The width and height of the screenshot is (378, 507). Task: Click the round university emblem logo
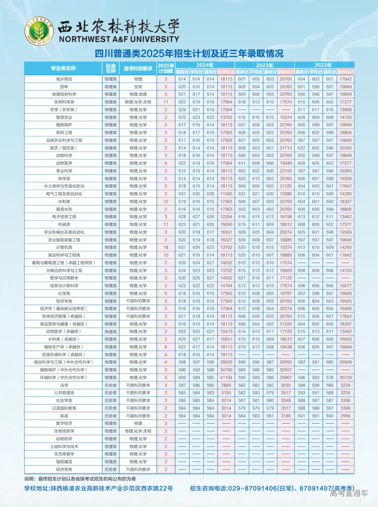tap(39, 31)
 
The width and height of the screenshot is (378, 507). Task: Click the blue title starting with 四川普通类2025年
tap(189, 53)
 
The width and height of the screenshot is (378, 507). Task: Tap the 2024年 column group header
tap(205, 65)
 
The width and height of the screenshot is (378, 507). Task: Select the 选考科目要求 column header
tap(138, 68)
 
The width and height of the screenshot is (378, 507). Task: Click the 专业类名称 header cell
tap(63, 68)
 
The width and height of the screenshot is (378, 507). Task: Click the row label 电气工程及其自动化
tap(64, 194)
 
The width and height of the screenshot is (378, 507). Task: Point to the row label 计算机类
tap(64, 247)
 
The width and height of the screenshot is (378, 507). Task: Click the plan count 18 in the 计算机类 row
tap(166, 247)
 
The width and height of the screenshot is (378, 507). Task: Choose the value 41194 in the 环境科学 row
tap(226, 378)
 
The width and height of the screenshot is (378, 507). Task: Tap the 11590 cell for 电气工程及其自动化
tap(226, 194)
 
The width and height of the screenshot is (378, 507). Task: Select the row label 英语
tap(64, 416)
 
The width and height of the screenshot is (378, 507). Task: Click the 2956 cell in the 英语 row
tap(345, 416)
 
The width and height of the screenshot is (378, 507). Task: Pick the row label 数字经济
tap(64, 423)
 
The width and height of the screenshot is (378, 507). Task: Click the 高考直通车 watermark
tap(349, 493)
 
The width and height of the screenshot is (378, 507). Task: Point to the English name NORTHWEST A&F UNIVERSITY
tap(119, 39)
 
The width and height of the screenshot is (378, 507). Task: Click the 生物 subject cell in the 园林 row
tap(138, 87)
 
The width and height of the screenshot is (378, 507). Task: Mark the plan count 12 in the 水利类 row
tap(166, 202)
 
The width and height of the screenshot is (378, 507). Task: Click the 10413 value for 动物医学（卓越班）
tap(226, 332)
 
